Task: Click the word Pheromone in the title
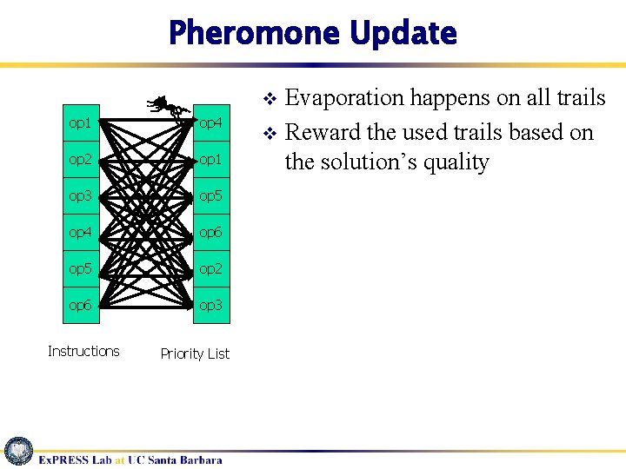pos(254,33)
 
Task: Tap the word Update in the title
pos(403,33)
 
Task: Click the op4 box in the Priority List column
pos(211,123)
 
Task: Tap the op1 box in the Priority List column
pos(211,160)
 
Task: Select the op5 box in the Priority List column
pos(211,196)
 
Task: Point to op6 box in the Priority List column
pos(211,233)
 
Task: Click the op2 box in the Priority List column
pos(211,269)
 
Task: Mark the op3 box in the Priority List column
pos(211,305)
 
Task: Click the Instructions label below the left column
pos(83,351)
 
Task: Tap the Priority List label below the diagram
pos(195,353)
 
